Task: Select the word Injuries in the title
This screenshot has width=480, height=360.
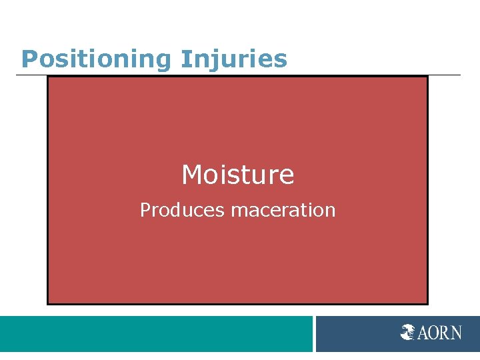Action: pyautogui.click(x=233, y=59)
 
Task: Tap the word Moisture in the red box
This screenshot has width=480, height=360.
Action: pyautogui.click(x=237, y=175)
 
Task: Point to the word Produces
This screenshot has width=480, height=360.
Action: pyautogui.click(x=182, y=211)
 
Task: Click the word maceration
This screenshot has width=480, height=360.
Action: pyautogui.click(x=283, y=211)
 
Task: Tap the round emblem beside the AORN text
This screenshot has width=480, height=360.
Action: pyautogui.click(x=407, y=332)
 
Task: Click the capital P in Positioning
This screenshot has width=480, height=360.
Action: pyautogui.click(x=28, y=59)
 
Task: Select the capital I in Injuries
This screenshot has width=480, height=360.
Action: pyautogui.click(x=183, y=59)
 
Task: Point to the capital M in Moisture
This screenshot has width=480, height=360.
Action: pyautogui.click(x=191, y=175)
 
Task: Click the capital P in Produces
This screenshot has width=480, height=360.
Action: pyautogui.click(x=144, y=211)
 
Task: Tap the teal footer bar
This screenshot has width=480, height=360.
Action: pyautogui.click(x=156, y=333)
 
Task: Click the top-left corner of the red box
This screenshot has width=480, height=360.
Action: pyautogui.click(x=48, y=77)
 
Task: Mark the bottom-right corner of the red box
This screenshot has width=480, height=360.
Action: pyautogui.click(x=427, y=303)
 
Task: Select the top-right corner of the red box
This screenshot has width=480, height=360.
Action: pyautogui.click(x=427, y=77)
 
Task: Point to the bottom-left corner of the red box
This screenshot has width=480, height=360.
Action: pyautogui.click(x=48, y=303)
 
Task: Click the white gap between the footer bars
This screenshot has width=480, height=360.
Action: pyautogui.click(x=314, y=333)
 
